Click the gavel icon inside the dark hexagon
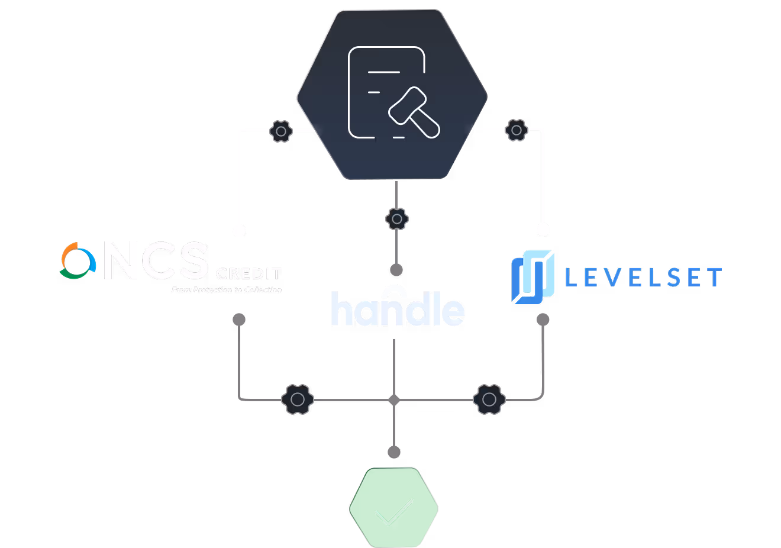pos(414,111)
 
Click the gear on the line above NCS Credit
pos(281,130)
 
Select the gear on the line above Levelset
pos(517,130)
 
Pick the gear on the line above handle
pos(396,219)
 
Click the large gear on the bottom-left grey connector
pos(298,399)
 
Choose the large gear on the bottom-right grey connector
pos(489,399)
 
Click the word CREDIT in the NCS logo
pos(248,274)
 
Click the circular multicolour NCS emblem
pos(78,260)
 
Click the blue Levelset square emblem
pos(532,276)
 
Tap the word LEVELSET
pos(643,278)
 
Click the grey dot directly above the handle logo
pos(396,270)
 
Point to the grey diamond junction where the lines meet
pos(394,401)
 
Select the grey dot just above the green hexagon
pos(394,453)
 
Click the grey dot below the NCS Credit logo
pos(239,320)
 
